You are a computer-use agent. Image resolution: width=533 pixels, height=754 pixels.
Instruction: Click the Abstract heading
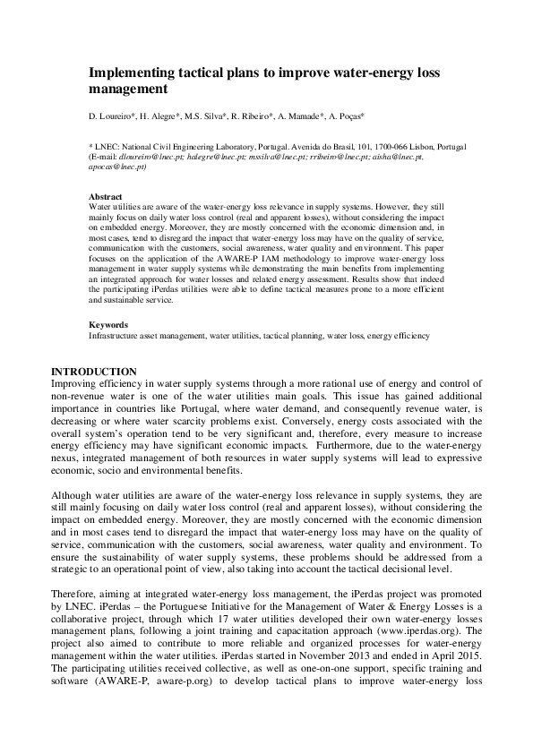105,196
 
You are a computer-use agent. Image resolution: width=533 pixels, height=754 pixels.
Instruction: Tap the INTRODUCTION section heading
94,372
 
